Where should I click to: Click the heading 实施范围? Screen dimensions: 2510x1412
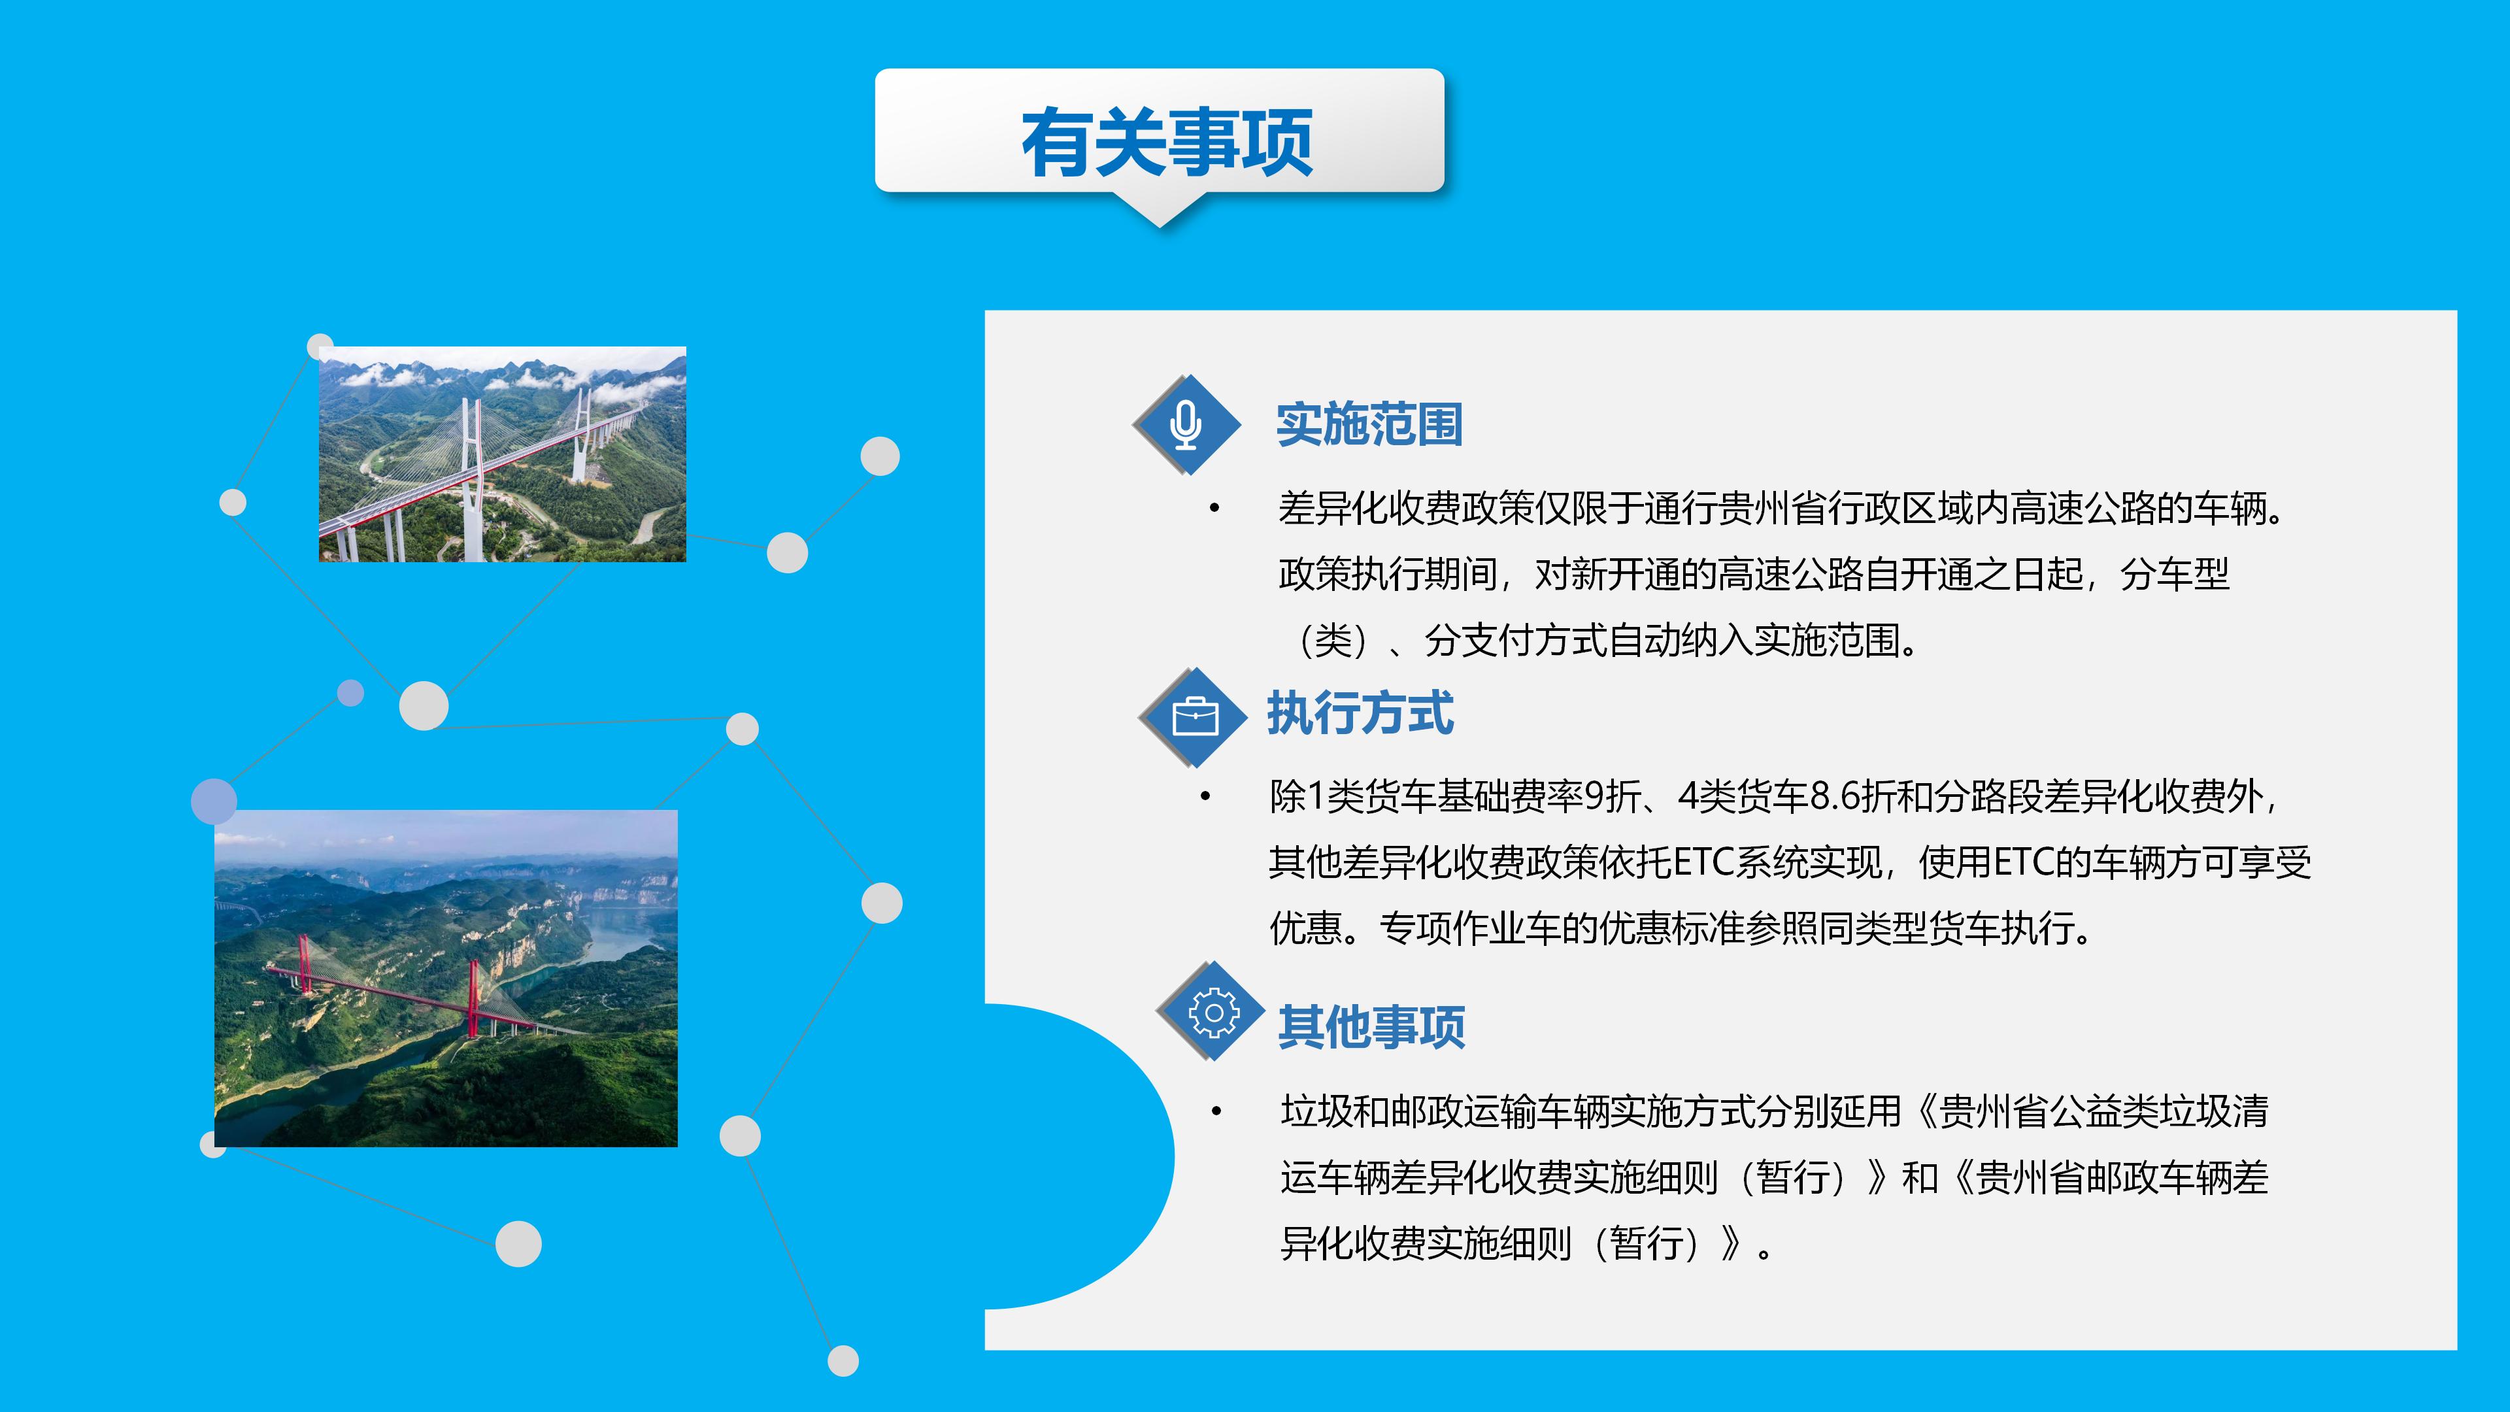[1369, 425]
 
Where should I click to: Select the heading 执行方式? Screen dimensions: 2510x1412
[1360, 713]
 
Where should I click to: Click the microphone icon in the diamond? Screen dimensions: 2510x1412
[1186, 426]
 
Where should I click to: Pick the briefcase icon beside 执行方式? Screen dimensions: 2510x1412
[1196, 717]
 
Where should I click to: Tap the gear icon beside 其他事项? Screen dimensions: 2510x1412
[1214, 1013]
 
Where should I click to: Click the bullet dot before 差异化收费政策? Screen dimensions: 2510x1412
[1214, 508]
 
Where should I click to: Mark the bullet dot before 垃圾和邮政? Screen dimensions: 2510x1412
[1216, 1111]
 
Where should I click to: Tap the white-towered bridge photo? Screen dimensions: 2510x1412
[503, 454]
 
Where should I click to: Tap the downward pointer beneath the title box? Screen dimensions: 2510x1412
[1160, 208]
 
